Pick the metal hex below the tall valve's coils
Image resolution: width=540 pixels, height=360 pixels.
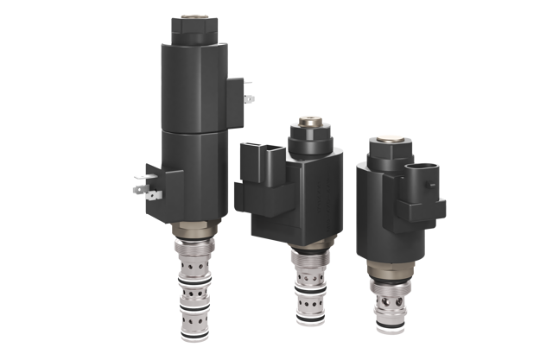pos(194,235)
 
